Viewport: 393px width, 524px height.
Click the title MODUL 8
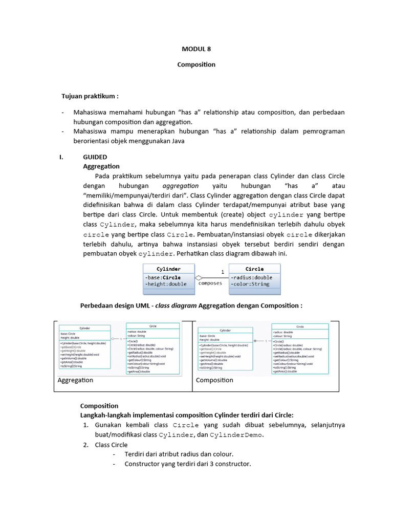pos(196,49)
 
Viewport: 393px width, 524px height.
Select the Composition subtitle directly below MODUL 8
pos(196,64)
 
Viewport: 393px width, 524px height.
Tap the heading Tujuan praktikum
pos(90,96)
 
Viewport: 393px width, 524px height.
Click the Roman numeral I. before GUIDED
pos(62,157)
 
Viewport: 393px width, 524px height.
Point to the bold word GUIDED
pos(95,157)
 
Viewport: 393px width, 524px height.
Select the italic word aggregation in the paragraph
pos(180,185)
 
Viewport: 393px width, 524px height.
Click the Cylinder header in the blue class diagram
pos(168,269)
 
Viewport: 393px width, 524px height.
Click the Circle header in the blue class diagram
pos(254,269)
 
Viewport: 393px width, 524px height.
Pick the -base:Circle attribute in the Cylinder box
pos(163,277)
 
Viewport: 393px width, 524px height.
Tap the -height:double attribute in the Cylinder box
pos(166,284)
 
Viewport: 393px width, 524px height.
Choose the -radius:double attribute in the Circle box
pos(251,277)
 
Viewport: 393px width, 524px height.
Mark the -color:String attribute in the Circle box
pos(250,284)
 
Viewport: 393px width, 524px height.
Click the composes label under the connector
pos(210,283)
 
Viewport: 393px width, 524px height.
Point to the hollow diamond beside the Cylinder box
pos(199,278)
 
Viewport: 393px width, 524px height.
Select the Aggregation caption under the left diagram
pos(75,380)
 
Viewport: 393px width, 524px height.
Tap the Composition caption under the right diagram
pos(214,380)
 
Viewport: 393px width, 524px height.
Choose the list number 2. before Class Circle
pos(86,445)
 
